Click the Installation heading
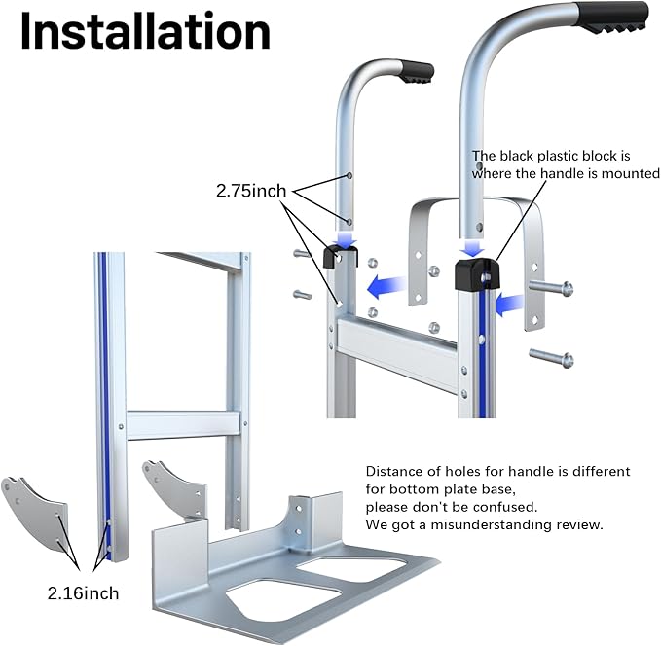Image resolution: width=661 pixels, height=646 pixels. point(145,31)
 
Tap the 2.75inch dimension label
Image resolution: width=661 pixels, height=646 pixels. point(251,191)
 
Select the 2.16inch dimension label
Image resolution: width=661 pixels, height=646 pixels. point(83,593)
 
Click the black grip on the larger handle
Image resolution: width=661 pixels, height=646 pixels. point(612,17)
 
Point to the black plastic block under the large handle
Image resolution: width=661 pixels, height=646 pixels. point(477,274)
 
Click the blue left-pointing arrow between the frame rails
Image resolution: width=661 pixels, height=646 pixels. point(386,287)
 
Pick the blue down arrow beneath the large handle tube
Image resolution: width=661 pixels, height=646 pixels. point(472,248)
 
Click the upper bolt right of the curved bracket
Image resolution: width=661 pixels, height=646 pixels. point(551,288)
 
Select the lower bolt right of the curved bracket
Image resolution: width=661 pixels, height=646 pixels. point(551,357)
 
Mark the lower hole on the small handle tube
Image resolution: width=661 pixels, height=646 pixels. point(349,222)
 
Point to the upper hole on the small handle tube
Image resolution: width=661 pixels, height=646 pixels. point(349,176)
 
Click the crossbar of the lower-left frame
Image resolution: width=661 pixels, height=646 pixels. point(183,425)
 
